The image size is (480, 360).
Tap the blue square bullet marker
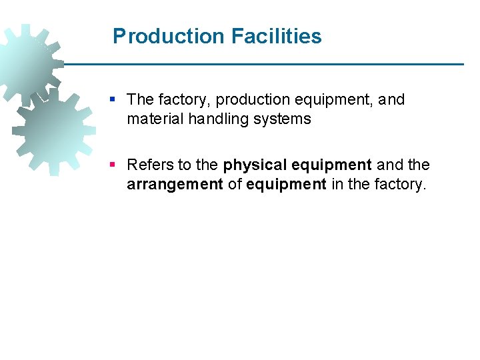[113, 99]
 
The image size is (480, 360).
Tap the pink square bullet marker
[113, 164]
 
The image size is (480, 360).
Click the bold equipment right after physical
[331, 165]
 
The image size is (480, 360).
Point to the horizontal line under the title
[267, 64]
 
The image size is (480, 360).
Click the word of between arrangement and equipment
[235, 184]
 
